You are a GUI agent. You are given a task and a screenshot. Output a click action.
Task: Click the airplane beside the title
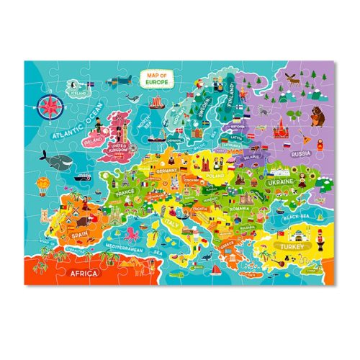coord(124,78)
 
